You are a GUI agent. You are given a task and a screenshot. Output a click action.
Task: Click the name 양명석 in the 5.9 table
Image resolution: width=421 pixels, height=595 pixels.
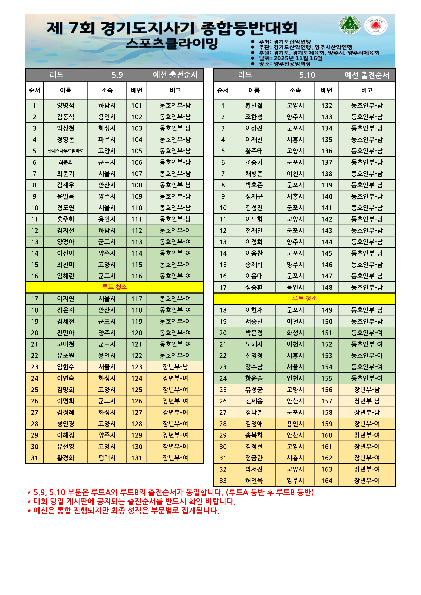(x=66, y=106)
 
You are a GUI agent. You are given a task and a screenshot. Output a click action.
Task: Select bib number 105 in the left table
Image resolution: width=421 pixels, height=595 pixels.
(x=137, y=151)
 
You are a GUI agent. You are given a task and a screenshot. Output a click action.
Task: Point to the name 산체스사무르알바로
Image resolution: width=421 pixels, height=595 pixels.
(x=66, y=151)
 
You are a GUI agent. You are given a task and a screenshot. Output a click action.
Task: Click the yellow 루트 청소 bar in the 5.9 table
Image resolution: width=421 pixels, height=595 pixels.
(x=114, y=287)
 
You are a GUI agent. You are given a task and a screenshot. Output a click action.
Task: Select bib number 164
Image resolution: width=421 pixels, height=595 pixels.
(x=327, y=481)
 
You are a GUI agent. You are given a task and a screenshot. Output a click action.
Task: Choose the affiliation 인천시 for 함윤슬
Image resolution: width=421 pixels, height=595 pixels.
(x=295, y=378)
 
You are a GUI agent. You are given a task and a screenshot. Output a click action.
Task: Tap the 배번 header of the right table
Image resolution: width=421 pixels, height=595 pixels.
(x=327, y=90)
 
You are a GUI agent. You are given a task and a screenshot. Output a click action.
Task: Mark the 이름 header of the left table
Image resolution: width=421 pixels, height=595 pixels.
(x=66, y=90)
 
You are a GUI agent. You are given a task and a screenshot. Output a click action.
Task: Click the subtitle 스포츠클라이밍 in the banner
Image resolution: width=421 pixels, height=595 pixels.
(x=172, y=44)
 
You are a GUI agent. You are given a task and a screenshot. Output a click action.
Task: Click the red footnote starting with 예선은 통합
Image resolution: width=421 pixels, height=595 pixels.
(x=124, y=511)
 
